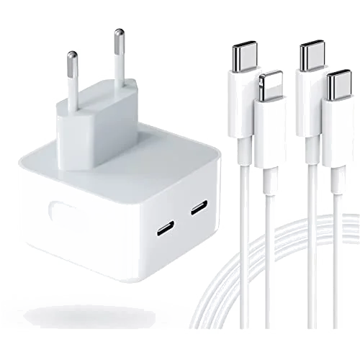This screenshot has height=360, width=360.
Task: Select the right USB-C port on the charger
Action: tap(197, 210)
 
